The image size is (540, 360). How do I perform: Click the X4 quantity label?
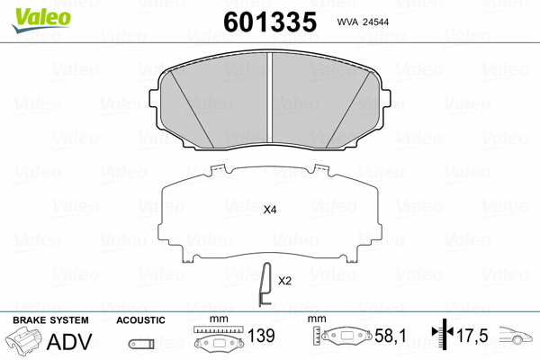click(x=269, y=210)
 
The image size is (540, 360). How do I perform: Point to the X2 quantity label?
click(x=284, y=281)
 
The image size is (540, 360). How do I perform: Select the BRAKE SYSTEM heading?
click(x=49, y=320)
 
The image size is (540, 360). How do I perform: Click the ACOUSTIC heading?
click(x=140, y=320)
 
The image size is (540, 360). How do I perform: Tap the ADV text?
click(x=68, y=342)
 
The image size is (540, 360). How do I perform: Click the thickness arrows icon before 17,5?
click(x=440, y=337)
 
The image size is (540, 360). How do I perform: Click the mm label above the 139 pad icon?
click(x=216, y=320)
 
